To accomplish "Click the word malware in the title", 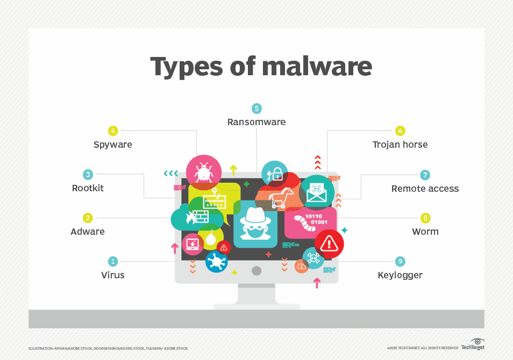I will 317,66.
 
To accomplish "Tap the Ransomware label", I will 256,122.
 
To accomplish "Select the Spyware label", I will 112,145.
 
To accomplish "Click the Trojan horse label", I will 400,145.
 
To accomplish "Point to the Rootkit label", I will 88,188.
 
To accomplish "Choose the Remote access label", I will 425,189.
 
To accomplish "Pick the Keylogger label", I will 400,275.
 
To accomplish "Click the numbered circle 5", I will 256,109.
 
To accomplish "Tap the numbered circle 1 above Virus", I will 113,261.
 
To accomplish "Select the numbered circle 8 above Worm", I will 425,218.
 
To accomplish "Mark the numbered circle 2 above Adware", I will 88,218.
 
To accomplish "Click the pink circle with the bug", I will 203,172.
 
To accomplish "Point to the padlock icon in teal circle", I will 274,173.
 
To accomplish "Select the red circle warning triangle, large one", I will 329,244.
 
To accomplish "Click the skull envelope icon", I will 316,192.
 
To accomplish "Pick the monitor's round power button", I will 256,270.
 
